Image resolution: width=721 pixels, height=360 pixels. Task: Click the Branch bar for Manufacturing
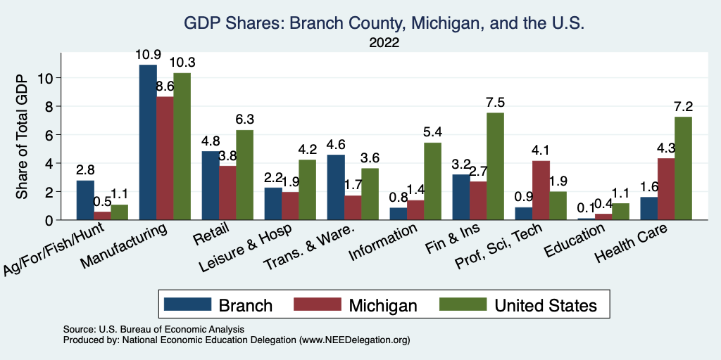click(148, 142)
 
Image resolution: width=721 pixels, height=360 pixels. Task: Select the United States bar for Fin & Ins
click(495, 166)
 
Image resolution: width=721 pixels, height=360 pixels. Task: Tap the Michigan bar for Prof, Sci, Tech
click(541, 190)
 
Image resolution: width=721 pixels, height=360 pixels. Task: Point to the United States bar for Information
click(432, 181)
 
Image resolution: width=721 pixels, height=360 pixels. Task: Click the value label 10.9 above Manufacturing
click(148, 54)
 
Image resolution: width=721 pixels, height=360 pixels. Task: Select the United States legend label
click(546, 304)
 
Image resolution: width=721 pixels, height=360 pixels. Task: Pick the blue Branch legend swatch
click(188, 304)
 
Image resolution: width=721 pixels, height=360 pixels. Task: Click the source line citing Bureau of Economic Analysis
click(153, 329)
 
